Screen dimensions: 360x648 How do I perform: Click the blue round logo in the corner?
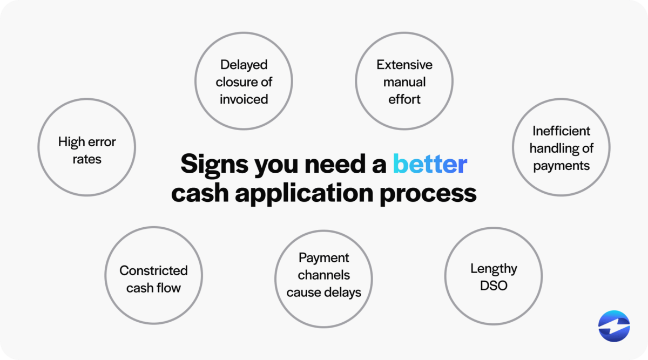coord(614,327)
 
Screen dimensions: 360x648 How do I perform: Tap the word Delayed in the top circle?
coord(244,65)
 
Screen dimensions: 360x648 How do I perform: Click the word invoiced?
coord(244,99)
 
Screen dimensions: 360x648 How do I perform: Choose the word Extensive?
coord(404,65)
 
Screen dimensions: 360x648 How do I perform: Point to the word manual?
coord(404,82)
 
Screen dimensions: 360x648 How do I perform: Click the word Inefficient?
coord(561,131)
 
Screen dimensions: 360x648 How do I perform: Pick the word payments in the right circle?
coord(561,166)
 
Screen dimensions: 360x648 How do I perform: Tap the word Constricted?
coord(153,270)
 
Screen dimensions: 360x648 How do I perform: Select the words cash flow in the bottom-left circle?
coord(153,288)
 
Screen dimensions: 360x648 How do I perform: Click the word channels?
coord(323,275)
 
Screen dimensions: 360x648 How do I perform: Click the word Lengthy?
coord(494,268)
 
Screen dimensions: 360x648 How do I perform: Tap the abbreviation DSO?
coord(494,286)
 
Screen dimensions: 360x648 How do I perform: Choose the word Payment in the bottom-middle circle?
coord(323,258)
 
